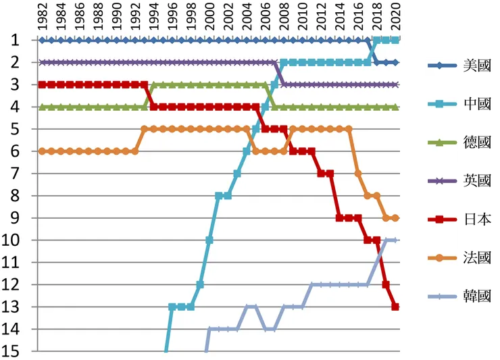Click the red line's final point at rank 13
point(395,307)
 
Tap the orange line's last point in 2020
point(395,218)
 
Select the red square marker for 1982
point(42,84)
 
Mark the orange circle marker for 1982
point(42,151)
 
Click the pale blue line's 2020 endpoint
point(395,240)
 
